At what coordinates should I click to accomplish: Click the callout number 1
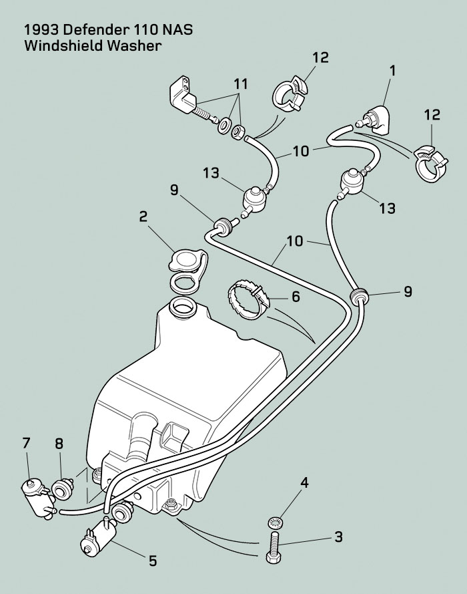[392, 70]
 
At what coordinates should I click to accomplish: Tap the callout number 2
[143, 216]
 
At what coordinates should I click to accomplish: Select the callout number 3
[338, 537]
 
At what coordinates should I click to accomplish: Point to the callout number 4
[304, 482]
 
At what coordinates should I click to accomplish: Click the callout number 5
[152, 561]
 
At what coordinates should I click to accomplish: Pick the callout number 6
[296, 297]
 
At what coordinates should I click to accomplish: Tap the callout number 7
[26, 443]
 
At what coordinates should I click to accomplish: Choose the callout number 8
[59, 444]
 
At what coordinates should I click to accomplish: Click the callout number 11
[240, 84]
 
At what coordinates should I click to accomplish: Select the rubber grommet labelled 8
[63, 488]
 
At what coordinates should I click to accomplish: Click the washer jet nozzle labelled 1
[375, 118]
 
